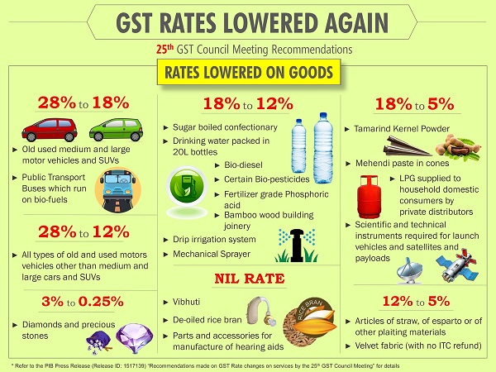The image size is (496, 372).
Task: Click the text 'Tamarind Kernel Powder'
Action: point(402,130)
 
